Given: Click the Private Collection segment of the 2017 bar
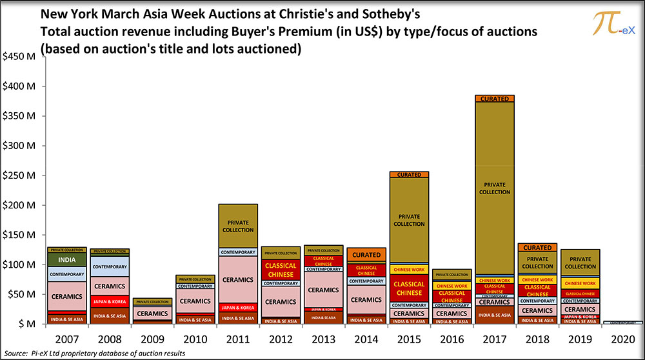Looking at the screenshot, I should tap(495, 188).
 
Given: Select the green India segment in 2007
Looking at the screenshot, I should tap(66, 259).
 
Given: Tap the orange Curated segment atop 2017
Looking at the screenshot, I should tap(495, 99).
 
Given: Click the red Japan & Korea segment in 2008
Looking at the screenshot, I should tap(110, 301).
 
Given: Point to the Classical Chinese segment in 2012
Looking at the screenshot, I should tap(281, 270).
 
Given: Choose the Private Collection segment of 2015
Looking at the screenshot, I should tap(409, 219).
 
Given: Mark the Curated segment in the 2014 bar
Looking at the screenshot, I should tap(366, 255).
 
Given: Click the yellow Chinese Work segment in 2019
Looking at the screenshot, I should tap(580, 283).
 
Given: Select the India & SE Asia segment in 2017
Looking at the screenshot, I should tap(495, 315).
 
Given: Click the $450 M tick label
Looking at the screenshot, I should tap(21, 57).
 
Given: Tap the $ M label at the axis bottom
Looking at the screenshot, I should tap(26, 324).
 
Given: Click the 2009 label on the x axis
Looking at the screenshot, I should tap(152, 338).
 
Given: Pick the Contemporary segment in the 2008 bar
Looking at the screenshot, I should tap(110, 266).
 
